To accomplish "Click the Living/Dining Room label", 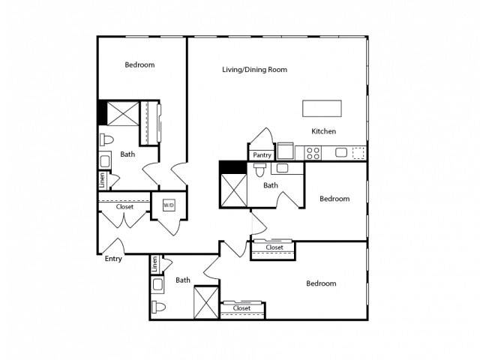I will click(255, 70).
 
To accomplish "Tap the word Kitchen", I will click(324, 131).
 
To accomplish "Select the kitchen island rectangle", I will click(322, 109).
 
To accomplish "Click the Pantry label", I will click(262, 155).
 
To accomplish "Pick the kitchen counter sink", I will click(341, 153).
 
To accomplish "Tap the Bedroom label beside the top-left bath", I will click(139, 65).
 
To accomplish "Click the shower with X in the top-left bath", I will click(122, 114).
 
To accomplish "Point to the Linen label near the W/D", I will click(101, 180).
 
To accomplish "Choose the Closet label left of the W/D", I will click(124, 206).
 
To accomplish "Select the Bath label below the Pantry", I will click(271, 184).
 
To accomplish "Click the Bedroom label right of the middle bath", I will click(334, 199).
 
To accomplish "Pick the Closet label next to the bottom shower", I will click(241, 307).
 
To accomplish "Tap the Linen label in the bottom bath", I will click(154, 264).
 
